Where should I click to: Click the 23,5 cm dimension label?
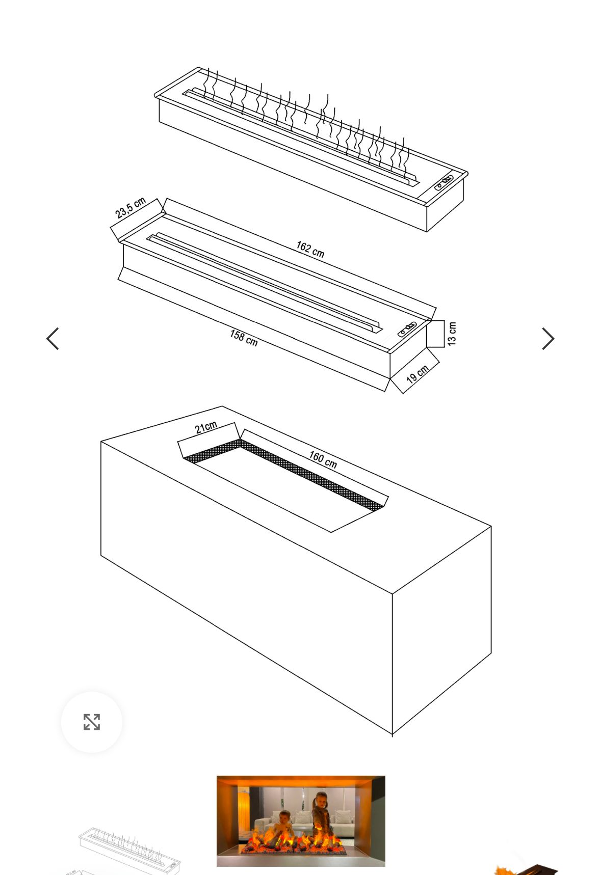pyautogui.click(x=130, y=207)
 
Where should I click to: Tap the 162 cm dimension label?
pyautogui.click(x=310, y=250)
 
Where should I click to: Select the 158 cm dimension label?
pyautogui.click(x=244, y=338)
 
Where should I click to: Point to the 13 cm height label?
pyautogui.click(x=452, y=334)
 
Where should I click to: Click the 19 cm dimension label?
pyautogui.click(x=417, y=374)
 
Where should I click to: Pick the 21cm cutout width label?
pyautogui.click(x=206, y=427)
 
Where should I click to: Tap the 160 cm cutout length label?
pyautogui.click(x=323, y=459)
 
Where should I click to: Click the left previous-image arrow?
pyautogui.click(x=53, y=339)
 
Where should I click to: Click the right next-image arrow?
pyautogui.click(x=548, y=339)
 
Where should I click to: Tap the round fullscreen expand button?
pyautogui.click(x=92, y=722)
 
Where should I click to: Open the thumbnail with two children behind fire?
pyautogui.click(x=301, y=821)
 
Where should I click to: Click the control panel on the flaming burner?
pyautogui.click(x=445, y=182)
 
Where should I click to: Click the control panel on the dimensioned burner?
pyautogui.click(x=407, y=329)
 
